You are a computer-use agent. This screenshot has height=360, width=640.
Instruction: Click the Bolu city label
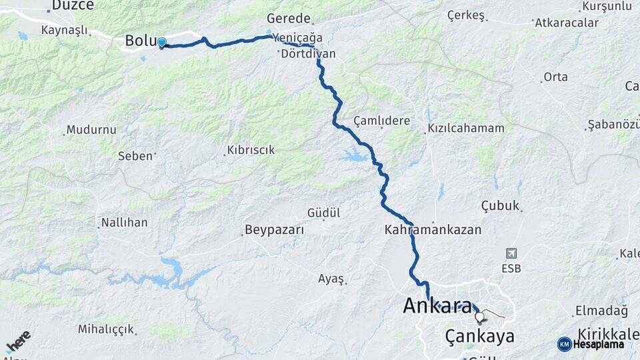tap(139, 41)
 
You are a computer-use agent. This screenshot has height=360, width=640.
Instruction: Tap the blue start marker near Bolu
tap(161, 43)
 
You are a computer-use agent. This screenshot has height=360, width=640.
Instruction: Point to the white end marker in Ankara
tap(479, 317)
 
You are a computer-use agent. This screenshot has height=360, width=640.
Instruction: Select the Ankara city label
tap(437, 306)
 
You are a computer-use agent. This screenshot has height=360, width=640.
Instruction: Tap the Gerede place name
tap(289, 18)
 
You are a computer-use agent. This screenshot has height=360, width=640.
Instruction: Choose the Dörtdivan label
tap(308, 53)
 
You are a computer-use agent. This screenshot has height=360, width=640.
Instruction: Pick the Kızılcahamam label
tap(466, 128)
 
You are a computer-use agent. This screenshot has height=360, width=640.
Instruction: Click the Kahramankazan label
tap(433, 230)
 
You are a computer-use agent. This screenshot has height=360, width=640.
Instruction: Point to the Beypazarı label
tap(274, 230)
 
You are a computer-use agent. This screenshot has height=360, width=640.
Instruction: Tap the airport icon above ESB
tap(511, 253)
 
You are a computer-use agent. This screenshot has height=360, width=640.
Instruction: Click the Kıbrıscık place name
tap(251, 150)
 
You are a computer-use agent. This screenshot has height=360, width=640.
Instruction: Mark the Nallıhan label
tap(124, 222)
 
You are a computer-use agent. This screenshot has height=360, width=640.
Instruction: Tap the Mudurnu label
tap(91, 129)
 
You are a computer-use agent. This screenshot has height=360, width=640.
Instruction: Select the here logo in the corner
tap(19, 341)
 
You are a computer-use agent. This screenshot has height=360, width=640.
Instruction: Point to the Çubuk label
tap(500, 206)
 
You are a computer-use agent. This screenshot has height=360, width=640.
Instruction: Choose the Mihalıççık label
tap(107, 329)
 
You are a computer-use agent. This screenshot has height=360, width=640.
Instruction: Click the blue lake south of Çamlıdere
tap(353, 157)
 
